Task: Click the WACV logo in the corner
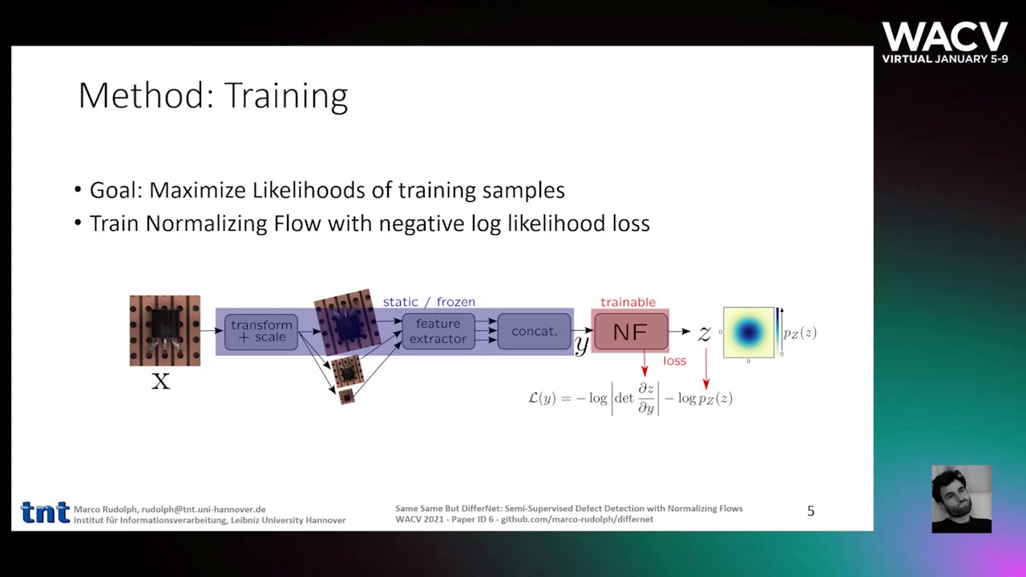pyautogui.click(x=945, y=42)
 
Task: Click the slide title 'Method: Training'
pyautogui.click(x=212, y=95)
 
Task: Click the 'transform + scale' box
pyautogui.click(x=261, y=331)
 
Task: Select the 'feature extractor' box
pyautogui.click(x=438, y=331)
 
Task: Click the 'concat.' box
pyautogui.click(x=534, y=331)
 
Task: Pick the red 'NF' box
pyautogui.click(x=630, y=332)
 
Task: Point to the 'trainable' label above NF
pyautogui.click(x=628, y=302)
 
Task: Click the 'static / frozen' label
pyautogui.click(x=429, y=301)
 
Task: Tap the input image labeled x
pyautogui.click(x=165, y=330)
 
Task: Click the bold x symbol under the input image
pyautogui.click(x=161, y=381)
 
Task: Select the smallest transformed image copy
pyautogui.click(x=346, y=396)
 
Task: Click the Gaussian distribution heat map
pyautogui.click(x=749, y=332)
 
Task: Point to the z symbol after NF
pyautogui.click(x=704, y=333)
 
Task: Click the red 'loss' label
pyautogui.click(x=674, y=361)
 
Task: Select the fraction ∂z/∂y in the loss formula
pyautogui.click(x=646, y=398)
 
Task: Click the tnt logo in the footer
pyautogui.click(x=45, y=512)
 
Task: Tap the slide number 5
pyautogui.click(x=810, y=511)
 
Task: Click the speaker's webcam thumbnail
pyautogui.click(x=961, y=498)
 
